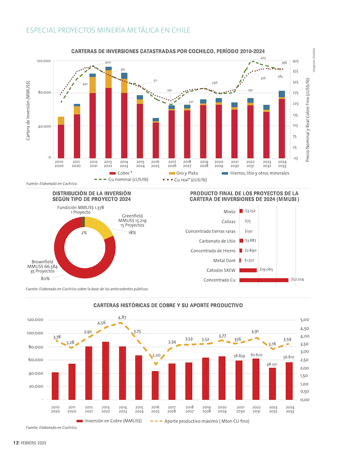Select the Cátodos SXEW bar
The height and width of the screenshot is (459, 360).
click(x=248, y=270)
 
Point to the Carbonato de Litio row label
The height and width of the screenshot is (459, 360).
click(x=217, y=241)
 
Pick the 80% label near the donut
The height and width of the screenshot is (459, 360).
click(x=45, y=278)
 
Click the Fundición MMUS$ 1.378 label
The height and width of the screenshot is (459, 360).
click(x=81, y=207)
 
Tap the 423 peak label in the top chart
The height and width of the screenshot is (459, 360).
click(x=263, y=58)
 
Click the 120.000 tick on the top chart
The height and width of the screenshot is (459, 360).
click(x=44, y=61)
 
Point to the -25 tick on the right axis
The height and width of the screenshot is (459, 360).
click(x=295, y=158)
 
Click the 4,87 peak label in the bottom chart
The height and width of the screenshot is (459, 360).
click(x=122, y=317)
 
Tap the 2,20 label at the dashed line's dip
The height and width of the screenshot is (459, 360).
click(x=156, y=355)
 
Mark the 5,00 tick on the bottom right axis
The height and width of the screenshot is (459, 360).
click(x=305, y=320)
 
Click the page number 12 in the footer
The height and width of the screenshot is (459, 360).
click(x=15, y=443)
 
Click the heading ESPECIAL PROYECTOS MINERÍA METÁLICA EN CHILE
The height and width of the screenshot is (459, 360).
click(x=108, y=30)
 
